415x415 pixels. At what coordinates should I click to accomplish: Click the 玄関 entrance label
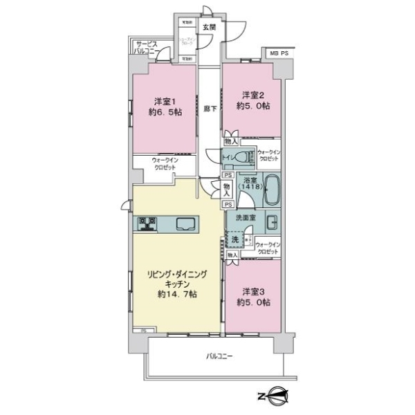209,28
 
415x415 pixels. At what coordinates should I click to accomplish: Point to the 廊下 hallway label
210,109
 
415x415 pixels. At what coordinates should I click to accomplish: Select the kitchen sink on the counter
185,223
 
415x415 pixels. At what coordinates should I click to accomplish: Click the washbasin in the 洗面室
273,223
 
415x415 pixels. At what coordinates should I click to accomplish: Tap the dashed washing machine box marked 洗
235,239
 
